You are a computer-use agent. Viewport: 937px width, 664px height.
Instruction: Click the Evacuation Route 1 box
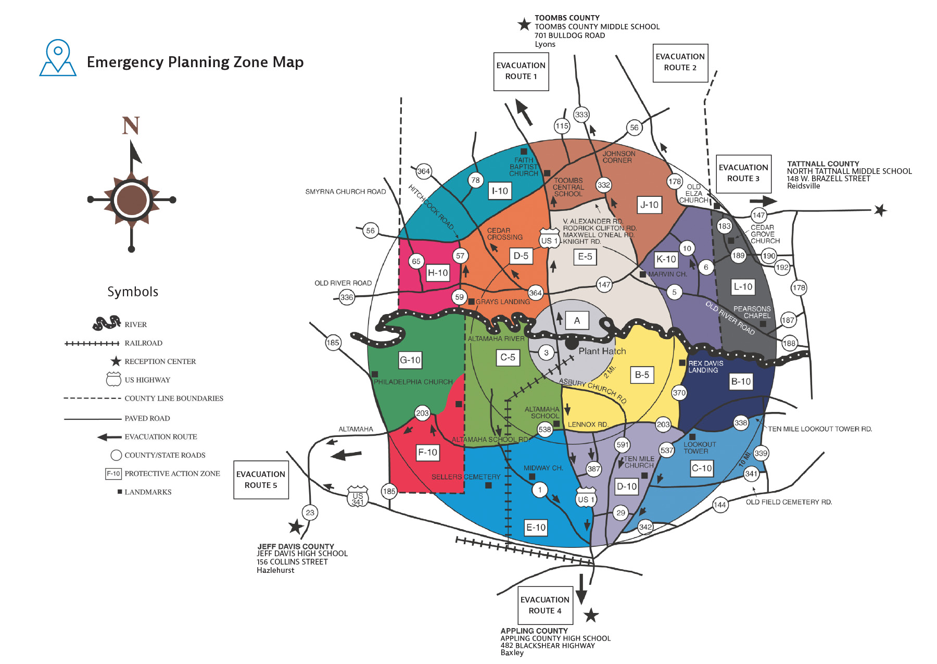point(521,71)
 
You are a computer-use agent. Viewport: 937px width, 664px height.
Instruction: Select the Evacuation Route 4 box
point(545,605)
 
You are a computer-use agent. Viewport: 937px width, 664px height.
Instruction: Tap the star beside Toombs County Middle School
point(524,24)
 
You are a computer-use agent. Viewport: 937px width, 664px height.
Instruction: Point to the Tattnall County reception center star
point(880,210)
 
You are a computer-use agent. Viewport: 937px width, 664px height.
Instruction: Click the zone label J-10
point(649,205)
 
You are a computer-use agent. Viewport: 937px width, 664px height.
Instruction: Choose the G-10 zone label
point(410,360)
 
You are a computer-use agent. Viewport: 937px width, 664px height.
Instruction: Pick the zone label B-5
point(642,375)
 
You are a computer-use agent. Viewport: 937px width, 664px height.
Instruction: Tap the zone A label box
point(577,321)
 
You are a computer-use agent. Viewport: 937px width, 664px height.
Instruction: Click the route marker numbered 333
point(581,115)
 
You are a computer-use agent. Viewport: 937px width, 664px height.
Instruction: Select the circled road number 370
point(679,393)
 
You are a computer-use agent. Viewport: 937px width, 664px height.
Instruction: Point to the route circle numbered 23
point(310,512)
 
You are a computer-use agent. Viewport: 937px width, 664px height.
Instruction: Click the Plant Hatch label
point(602,351)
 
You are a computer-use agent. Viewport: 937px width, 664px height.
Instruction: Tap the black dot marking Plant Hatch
point(572,344)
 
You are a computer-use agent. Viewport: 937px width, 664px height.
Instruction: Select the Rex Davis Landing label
point(705,367)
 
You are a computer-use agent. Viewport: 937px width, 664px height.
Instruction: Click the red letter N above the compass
point(131,126)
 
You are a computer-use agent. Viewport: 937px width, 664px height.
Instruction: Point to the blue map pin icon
point(58,57)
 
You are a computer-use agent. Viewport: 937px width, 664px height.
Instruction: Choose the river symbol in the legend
point(106,323)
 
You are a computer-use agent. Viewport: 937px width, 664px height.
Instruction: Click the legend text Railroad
point(143,343)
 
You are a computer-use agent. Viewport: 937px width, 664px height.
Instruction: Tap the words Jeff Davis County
point(296,546)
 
